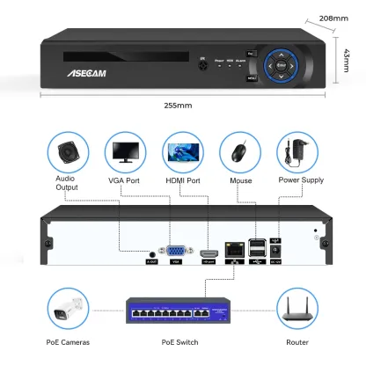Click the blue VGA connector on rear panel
click(x=175, y=249)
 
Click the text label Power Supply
click(x=299, y=181)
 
